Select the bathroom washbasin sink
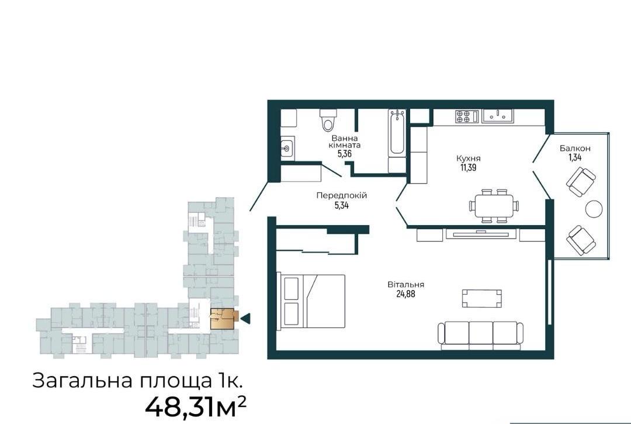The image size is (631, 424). (287, 148)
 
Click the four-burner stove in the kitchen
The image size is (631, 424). (463, 116)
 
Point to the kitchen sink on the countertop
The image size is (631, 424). (497, 115)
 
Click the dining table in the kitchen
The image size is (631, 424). (493, 206)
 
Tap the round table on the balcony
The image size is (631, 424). (594, 209)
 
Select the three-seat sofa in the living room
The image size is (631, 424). (481, 336)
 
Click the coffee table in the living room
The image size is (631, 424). (481, 298)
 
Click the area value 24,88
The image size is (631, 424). (405, 294)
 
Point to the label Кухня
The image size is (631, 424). (469, 158)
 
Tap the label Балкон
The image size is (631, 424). (575, 148)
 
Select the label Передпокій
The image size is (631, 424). (341, 196)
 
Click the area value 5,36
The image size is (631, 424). (345, 153)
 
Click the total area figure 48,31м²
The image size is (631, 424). (195, 407)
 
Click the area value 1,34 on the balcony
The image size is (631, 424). (575, 157)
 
